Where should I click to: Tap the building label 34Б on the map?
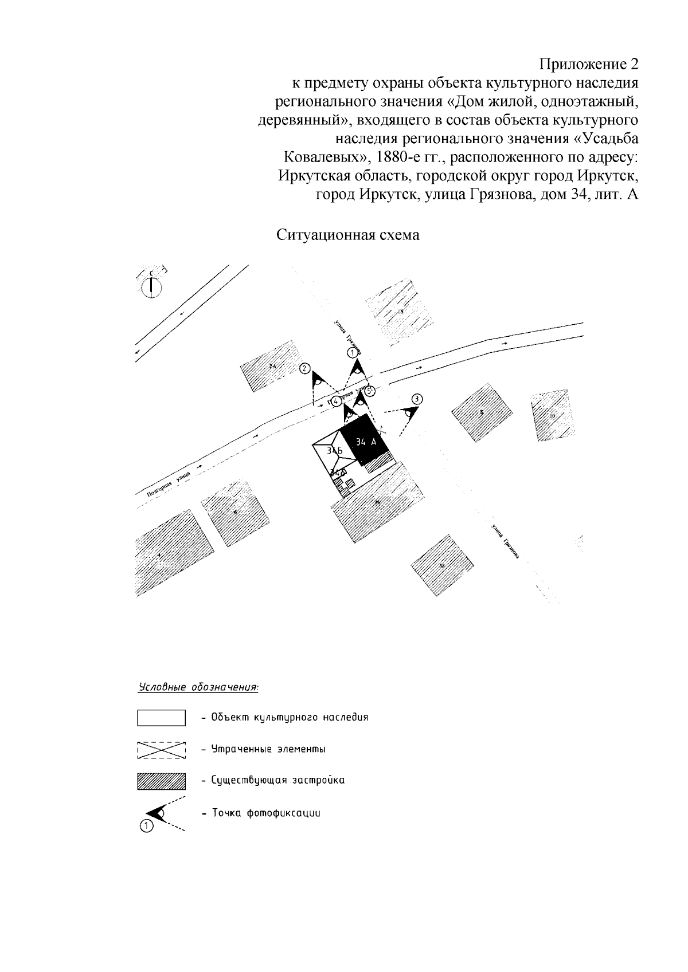point(334,451)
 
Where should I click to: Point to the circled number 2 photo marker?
point(306,369)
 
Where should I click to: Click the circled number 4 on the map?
point(337,402)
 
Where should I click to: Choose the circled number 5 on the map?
point(370,391)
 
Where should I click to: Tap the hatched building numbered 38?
point(441,565)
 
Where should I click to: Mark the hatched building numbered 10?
point(552,416)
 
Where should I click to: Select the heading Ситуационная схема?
point(348,235)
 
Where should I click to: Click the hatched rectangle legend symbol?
point(161,781)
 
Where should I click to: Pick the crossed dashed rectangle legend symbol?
point(161,750)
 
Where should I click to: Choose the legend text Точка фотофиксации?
point(266,813)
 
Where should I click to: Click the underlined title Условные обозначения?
point(198,686)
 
